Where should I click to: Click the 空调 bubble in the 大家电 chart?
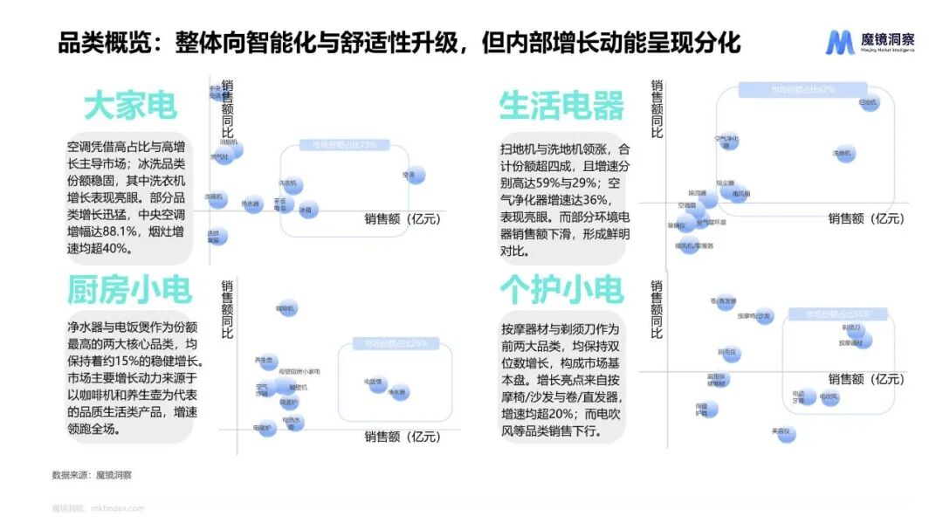click(414, 175)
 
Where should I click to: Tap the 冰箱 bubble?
click(307, 210)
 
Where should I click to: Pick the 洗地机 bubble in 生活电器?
click(843, 153)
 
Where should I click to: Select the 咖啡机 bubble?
click(287, 307)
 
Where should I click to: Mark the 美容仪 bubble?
click(786, 431)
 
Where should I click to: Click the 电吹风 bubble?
click(829, 397)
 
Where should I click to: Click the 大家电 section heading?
click(130, 106)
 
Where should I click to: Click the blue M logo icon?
click(841, 42)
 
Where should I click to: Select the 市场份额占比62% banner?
click(802, 89)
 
